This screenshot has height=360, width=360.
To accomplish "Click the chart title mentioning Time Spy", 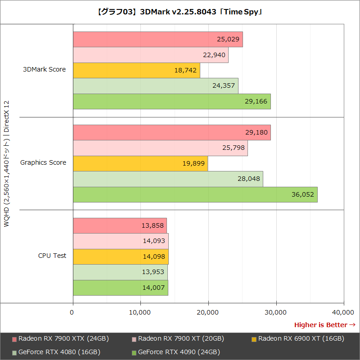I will click(x=180, y=12).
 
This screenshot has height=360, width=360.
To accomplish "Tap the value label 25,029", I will click(x=228, y=40).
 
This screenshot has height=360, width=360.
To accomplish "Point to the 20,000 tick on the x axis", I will click(x=208, y=312).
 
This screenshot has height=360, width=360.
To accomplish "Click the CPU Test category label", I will click(x=52, y=256).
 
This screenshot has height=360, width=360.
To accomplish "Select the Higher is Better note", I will click(x=324, y=324).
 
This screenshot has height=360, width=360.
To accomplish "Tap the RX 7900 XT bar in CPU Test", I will click(x=121, y=241).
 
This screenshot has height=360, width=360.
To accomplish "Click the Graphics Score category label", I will click(x=43, y=162).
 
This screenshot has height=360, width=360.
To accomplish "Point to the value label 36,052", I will click(x=303, y=195).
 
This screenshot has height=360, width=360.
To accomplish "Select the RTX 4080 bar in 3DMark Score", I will click(x=155, y=86).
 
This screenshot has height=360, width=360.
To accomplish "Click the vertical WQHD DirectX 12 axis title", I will click(x=6, y=164).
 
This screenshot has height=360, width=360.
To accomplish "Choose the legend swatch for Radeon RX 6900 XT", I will click(x=254, y=339).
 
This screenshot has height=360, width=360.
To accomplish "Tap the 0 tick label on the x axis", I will click(x=72, y=312).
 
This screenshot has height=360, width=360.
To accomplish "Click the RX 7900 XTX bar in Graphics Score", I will click(x=171, y=133).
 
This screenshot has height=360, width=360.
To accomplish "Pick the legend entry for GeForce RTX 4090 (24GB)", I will click(x=179, y=351).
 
